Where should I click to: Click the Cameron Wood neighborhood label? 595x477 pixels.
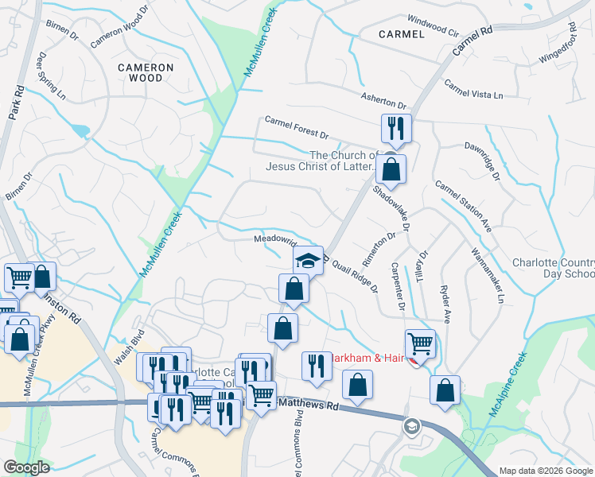[140, 72]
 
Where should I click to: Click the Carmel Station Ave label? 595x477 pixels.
[463, 206]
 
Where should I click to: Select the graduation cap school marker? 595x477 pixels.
[308, 260]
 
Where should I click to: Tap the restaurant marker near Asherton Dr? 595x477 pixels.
[395, 127]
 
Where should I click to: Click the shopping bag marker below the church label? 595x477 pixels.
[391, 169]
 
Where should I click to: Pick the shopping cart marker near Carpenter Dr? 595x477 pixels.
[420, 343]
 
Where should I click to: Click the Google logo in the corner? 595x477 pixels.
[26, 467]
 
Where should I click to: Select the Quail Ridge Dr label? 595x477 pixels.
[356, 270]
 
